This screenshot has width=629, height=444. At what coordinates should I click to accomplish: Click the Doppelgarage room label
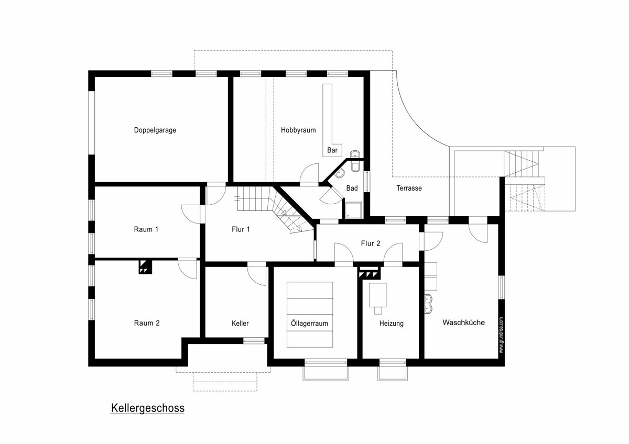tap(155, 130)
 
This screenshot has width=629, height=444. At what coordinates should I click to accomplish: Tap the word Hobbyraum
tap(298, 130)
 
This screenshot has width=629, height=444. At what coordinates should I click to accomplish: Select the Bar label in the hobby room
tap(332, 150)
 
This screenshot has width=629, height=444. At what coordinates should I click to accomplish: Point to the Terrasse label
tap(409, 188)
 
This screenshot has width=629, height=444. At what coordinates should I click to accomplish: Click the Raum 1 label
tap(146, 229)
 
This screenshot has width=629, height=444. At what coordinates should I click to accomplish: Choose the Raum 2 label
tap(147, 323)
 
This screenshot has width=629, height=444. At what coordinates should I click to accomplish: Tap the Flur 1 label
tap(241, 229)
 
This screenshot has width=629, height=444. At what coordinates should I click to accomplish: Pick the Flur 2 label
tap(371, 243)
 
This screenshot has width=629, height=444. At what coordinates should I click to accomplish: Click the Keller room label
tap(240, 324)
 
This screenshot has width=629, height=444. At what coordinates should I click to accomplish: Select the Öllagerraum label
tap(309, 324)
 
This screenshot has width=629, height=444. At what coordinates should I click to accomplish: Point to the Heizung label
tap(391, 324)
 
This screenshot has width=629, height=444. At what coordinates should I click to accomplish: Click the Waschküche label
tap(463, 323)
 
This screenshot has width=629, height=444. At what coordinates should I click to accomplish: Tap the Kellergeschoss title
tap(148, 408)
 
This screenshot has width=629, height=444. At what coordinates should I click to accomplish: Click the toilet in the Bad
tap(355, 166)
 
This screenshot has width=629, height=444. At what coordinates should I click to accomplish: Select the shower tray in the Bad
tap(353, 210)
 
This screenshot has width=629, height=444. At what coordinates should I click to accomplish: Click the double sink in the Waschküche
tap(429, 304)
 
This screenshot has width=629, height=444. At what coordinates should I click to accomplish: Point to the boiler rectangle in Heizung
tap(378, 295)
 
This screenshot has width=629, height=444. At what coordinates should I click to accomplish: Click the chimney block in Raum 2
tap(146, 267)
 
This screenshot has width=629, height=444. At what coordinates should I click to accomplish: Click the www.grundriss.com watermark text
tap(501, 335)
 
